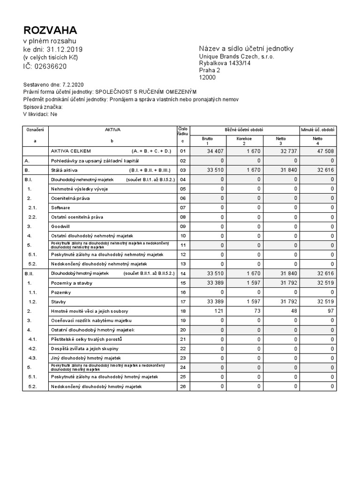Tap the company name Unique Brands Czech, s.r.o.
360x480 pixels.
coord(237,56)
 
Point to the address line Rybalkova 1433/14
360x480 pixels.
coord(225,63)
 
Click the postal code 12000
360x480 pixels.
coord(208,77)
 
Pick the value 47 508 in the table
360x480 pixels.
coord(324,151)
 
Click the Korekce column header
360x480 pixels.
coord(244,139)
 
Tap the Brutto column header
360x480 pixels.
coord(207,139)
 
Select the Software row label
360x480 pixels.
coord(60,208)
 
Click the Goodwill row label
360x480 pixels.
coord(60,226)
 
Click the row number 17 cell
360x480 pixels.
coord(183,302)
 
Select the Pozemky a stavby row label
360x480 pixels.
coord(72,283)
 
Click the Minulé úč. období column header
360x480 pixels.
coord(318,129)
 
